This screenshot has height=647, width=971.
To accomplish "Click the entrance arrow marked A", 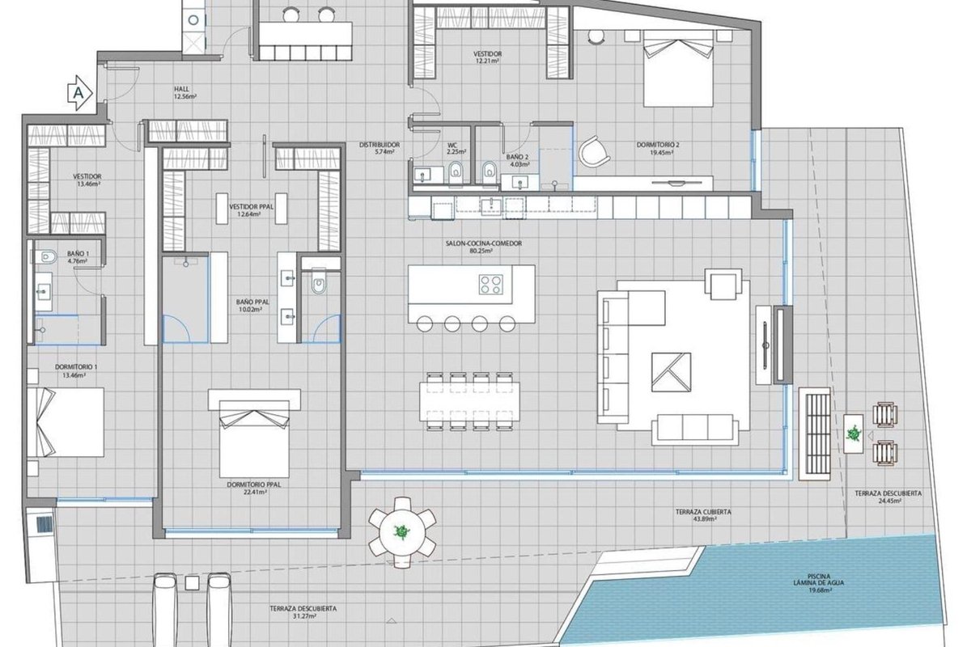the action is pyautogui.click(x=80, y=92).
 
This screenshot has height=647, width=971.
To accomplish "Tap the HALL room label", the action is pyautogui.click(x=181, y=89).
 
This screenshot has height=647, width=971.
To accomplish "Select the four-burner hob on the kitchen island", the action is pyautogui.click(x=491, y=285).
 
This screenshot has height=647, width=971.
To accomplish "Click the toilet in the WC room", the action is pyautogui.click(x=456, y=174).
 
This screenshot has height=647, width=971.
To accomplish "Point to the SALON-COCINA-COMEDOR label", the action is pyautogui.click(x=484, y=243).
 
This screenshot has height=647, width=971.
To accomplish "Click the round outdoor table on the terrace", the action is pyautogui.click(x=402, y=531).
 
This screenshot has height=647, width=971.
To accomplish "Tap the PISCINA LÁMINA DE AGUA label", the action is pyautogui.click(x=819, y=580).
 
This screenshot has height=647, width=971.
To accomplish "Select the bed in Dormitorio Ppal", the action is pyautogui.click(x=254, y=438).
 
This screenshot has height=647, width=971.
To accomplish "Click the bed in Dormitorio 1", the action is pyautogui.click(x=66, y=422).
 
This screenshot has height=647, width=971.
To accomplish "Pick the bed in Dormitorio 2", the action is pyautogui.click(x=678, y=69).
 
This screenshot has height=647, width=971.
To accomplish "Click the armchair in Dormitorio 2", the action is pyautogui.click(x=594, y=152).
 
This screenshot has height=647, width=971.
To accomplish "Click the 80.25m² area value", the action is pyautogui.click(x=484, y=252).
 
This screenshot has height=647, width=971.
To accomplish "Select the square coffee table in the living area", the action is pyautogui.click(x=671, y=372).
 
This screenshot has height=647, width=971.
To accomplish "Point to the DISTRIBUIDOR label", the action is pyautogui.click(x=379, y=145).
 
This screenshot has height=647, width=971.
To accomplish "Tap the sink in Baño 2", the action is pyautogui.click(x=519, y=183).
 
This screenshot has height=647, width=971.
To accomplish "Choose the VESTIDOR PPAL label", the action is pyautogui.click(x=252, y=207).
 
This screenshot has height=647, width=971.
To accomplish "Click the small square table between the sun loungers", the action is pyautogui.click(x=192, y=583).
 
